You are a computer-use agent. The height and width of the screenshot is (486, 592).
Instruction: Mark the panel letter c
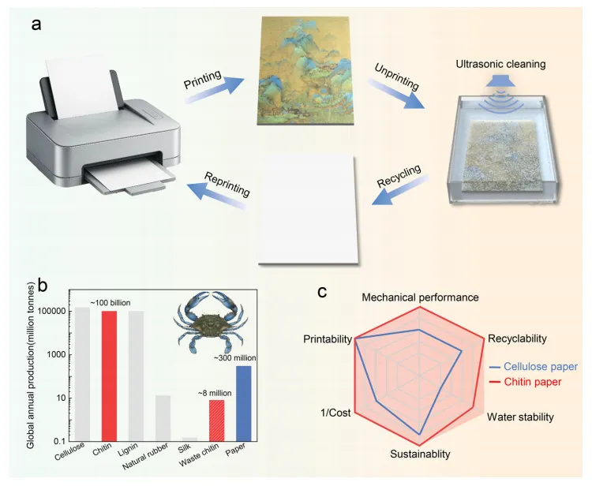[323, 291]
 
